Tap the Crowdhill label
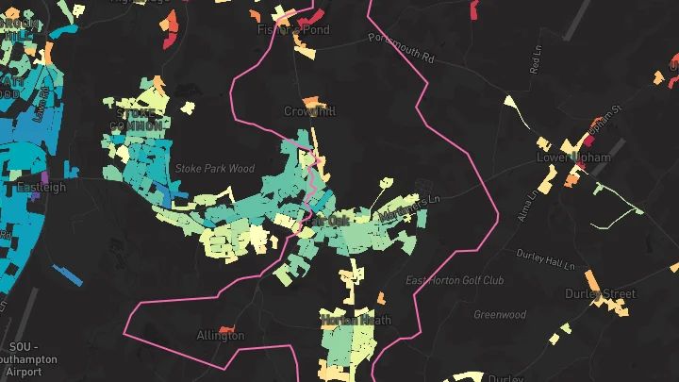click(309, 111)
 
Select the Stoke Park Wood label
click(215, 169)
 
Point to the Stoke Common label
click(136, 119)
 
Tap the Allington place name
click(220, 336)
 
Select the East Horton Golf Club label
click(455, 281)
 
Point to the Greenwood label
click(499, 315)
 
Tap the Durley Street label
click(600, 294)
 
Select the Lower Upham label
click(573, 158)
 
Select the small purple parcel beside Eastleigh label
click(44, 176)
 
